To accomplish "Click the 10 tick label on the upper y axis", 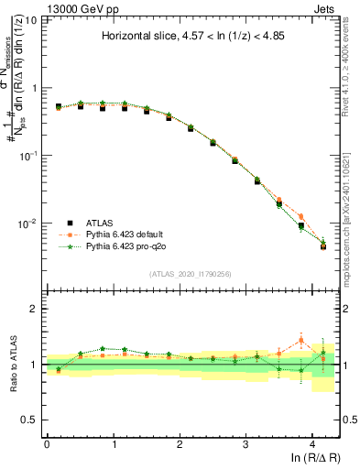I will pyautogui.click(x=33, y=20).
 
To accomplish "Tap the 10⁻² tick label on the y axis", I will pyautogui.click(x=29, y=224).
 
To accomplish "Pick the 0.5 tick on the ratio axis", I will pyautogui.click(x=31, y=420).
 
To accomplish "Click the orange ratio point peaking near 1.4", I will pyautogui.click(x=301, y=341).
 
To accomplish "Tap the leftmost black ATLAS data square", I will pyautogui.click(x=59, y=106).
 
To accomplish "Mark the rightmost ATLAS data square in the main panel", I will pyautogui.click(x=323, y=245).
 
